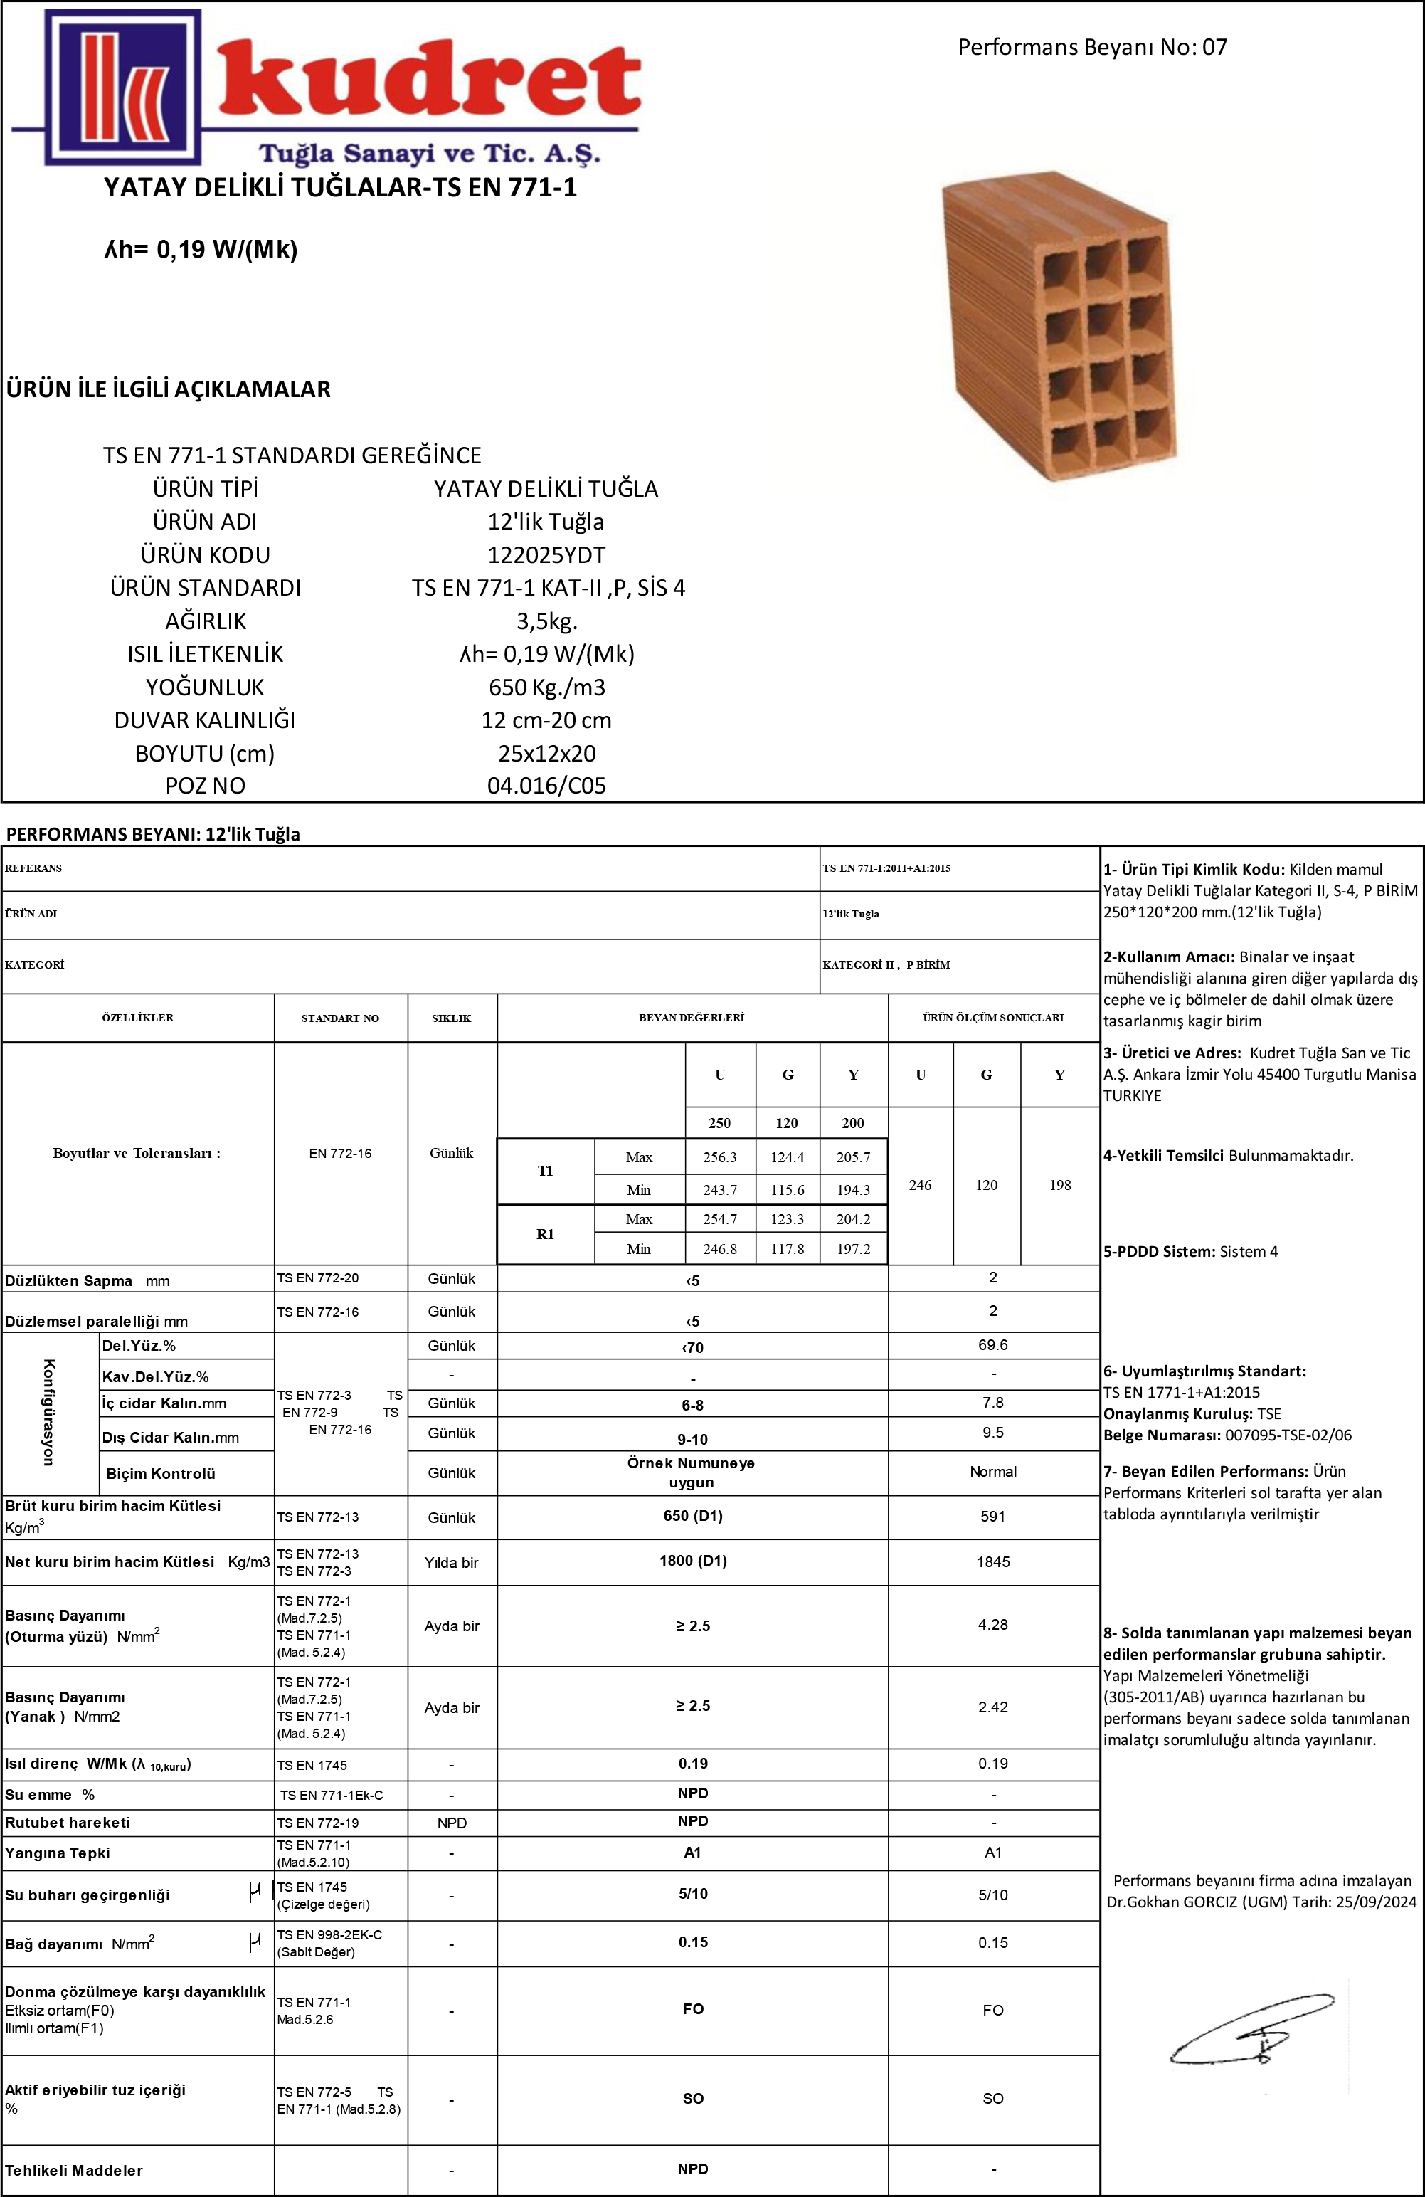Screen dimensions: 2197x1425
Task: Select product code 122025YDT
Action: point(546,555)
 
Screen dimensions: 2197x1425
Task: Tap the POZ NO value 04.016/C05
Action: point(546,786)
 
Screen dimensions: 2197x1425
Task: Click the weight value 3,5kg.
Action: point(546,621)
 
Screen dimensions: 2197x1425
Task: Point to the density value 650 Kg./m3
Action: point(546,687)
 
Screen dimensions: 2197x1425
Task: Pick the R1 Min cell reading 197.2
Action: point(853,1250)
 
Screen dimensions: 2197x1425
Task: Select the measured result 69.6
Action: point(993,1345)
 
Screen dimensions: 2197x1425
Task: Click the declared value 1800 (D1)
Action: point(693,1561)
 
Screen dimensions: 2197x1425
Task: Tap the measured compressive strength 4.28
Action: point(993,1625)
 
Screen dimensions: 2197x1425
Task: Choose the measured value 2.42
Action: point(993,1707)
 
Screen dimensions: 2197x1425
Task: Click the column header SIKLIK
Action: point(451,1018)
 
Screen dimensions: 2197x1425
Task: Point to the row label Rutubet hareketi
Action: point(68,1822)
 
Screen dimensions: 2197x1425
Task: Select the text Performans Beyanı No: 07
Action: point(1092,47)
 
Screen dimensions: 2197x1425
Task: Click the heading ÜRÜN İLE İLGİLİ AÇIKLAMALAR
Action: point(168,389)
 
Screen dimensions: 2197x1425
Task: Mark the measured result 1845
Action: point(993,1562)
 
